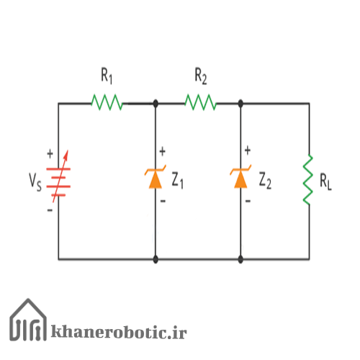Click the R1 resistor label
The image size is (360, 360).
tap(107, 76)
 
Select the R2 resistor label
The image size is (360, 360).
tap(201, 76)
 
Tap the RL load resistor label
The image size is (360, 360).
tap(325, 181)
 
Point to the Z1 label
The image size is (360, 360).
tap(178, 181)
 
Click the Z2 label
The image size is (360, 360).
tap(265, 181)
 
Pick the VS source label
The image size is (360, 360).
tap(35, 182)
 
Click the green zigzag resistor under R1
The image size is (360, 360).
tap(107, 102)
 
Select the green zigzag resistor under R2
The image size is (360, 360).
tap(201, 102)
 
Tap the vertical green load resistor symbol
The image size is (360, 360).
tap(308, 179)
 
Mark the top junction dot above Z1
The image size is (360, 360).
tap(156, 104)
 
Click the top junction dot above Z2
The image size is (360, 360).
tap(240, 104)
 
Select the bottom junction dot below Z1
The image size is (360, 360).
tap(156, 259)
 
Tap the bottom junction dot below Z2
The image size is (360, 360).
tap(240, 259)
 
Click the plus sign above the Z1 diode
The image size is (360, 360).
tap(163, 151)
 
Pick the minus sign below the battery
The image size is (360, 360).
tap(50, 210)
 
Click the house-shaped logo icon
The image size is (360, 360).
tap(28, 320)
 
